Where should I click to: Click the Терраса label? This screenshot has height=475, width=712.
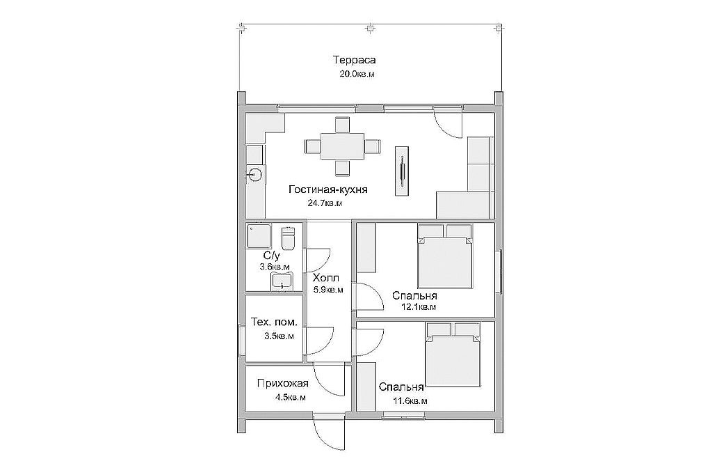click(355, 60)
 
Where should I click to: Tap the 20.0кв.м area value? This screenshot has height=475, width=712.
click(357, 74)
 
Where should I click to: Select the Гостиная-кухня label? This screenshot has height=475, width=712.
click(328, 189)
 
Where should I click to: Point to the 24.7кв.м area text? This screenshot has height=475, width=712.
click(325, 203)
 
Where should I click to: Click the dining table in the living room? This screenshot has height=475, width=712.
click(342, 146)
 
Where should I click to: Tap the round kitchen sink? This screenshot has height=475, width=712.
click(254, 174)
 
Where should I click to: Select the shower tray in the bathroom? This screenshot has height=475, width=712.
click(259, 235)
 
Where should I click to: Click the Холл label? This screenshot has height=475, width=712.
click(326, 278)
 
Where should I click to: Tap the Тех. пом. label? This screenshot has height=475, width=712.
click(274, 322)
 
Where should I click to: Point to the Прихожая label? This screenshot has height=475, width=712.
click(282, 384)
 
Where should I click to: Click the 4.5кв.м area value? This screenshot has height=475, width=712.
click(290, 397)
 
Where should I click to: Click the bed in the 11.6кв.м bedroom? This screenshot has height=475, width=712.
click(453, 355)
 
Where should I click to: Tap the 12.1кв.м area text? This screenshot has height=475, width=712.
click(419, 306)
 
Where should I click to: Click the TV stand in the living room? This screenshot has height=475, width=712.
click(401, 171)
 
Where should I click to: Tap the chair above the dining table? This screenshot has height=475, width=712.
click(342, 125)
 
